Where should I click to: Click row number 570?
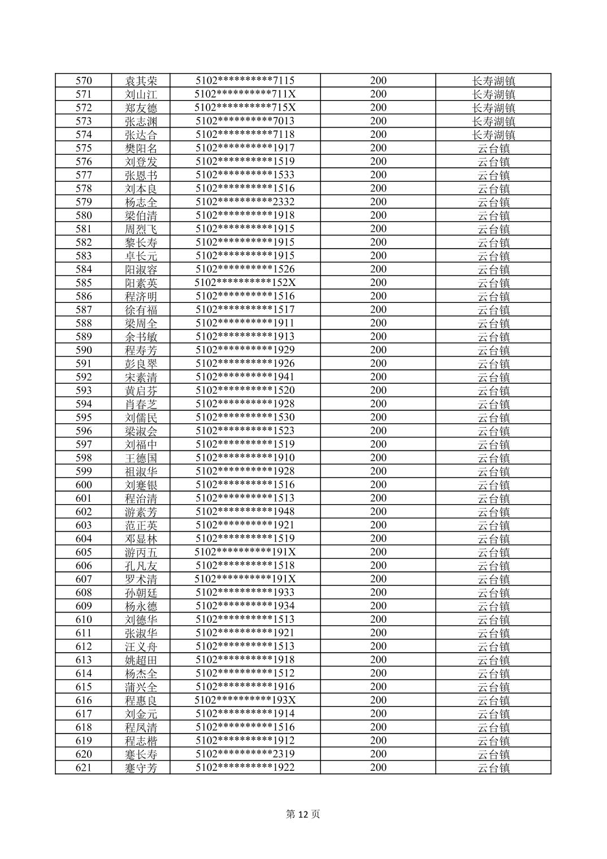(x=84, y=81)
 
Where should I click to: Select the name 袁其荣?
(x=141, y=81)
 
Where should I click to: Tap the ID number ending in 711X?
(x=245, y=94)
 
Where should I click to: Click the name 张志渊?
(x=141, y=121)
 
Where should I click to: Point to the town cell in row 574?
(x=493, y=135)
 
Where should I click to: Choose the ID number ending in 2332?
(x=245, y=202)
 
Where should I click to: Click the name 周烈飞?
(x=141, y=229)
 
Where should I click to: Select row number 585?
(x=84, y=283)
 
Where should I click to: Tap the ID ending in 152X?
(x=245, y=283)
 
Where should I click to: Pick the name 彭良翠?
(x=141, y=363)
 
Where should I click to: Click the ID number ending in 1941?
(x=245, y=377)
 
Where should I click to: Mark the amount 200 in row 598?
(x=378, y=458)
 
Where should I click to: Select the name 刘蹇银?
(x=141, y=485)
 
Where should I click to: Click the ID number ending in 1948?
(x=245, y=511)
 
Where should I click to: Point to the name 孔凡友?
(x=141, y=566)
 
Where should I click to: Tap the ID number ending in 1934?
(x=245, y=606)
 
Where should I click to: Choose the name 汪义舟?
(x=141, y=647)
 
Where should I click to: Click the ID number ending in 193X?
(x=245, y=700)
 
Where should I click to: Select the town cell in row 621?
(x=493, y=767)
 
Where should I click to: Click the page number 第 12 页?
(x=303, y=814)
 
